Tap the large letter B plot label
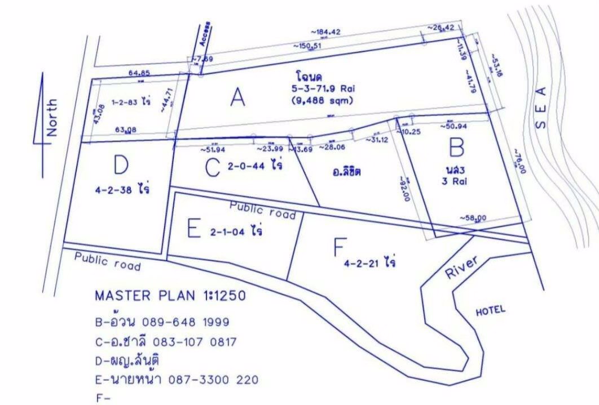pos(456,148)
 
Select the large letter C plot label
pos(212,167)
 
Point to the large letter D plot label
pos(121,166)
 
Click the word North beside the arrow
pos(52,117)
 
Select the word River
pos(461,266)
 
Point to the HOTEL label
pos(491,310)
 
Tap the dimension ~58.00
pos(473,217)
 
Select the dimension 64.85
pos(139,73)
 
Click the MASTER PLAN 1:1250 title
pos(170,296)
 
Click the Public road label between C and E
pos(262,210)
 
